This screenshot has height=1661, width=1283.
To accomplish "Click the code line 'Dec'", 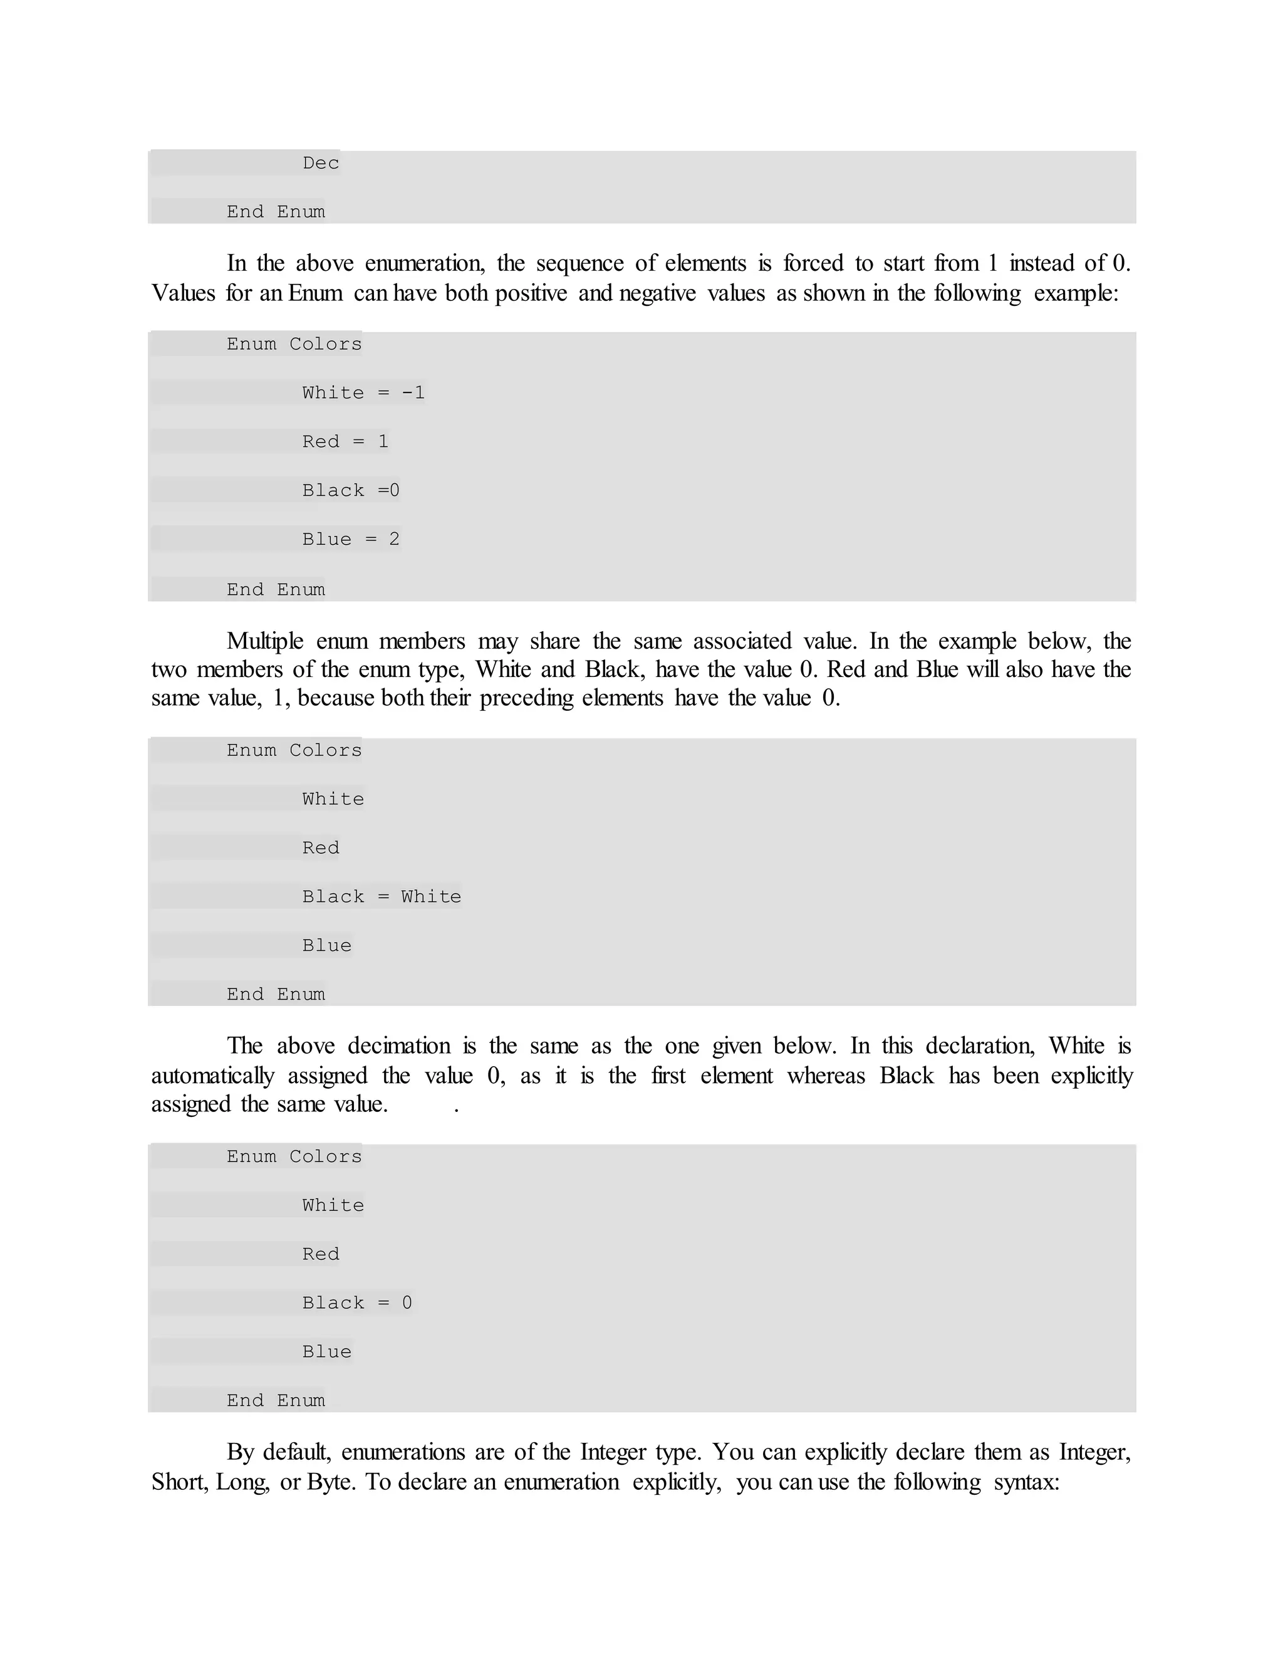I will tap(321, 164).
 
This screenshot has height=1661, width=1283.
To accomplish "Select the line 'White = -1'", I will tap(363, 393).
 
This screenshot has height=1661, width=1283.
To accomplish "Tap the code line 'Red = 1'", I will tap(345, 442).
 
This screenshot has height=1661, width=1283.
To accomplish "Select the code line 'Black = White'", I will tap(382, 898).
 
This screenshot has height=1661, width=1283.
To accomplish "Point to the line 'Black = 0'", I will tap(356, 1304).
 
